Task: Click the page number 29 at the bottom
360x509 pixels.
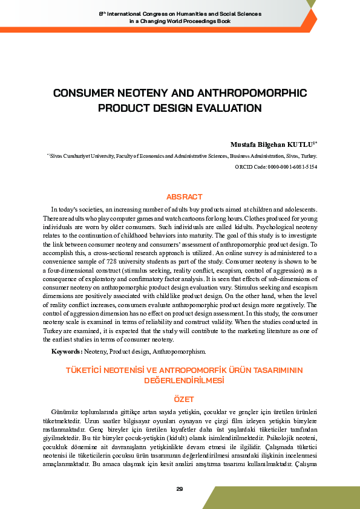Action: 180,488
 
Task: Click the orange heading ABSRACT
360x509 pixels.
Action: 184,196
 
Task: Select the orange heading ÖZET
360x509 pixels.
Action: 184,400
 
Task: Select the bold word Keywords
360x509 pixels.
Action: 65,351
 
